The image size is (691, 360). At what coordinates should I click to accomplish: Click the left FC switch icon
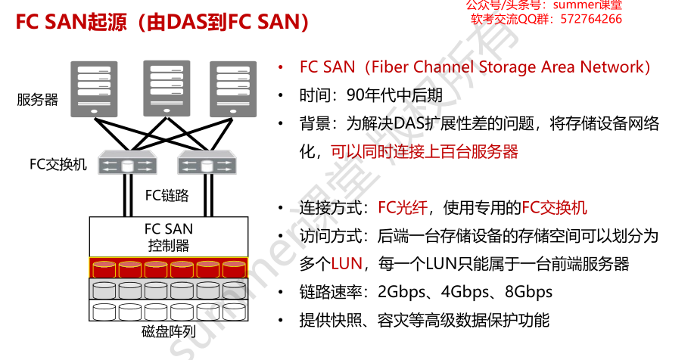click(127, 164)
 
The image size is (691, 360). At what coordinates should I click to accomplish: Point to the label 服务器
click(38, 99)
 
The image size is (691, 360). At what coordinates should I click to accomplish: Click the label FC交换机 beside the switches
click(58, 164)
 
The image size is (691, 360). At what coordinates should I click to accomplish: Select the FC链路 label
click(167, 196)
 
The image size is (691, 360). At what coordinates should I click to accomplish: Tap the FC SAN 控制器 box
click(168, 237)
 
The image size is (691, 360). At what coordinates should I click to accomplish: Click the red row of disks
click(168, 268)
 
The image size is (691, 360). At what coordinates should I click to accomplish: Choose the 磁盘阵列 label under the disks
click(168, 332)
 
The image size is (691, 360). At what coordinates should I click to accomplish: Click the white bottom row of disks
click(168, 311)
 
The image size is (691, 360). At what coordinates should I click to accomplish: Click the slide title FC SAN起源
click(162, 22)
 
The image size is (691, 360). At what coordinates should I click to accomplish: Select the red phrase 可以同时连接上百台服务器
click(424, 151)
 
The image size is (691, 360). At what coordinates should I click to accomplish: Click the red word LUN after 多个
click(347, 264)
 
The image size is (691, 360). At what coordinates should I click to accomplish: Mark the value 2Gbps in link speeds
click(402, 292)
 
